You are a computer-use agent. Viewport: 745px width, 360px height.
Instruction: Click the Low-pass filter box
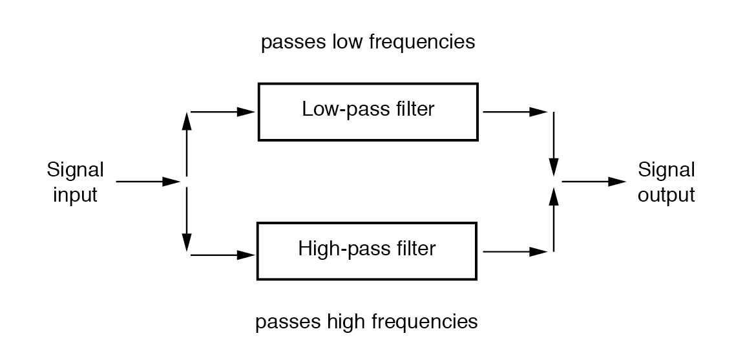[x=368, y=111]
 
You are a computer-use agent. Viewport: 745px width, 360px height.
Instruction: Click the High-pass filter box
[x=368, y=250]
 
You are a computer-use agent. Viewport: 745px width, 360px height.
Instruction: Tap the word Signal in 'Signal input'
[x=76, y=171]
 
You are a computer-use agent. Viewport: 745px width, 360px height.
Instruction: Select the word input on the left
[x=76, y=195]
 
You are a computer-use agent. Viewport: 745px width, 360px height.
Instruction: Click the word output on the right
[x=666, y=195]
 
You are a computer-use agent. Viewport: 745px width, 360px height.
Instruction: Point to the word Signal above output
[x=666, y=171]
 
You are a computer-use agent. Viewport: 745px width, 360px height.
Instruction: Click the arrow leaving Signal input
[x=147, y=182]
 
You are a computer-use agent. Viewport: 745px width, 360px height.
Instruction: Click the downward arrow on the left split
[x=187, y=220]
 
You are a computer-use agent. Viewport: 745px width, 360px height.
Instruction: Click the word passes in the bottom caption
[x=284, y=321]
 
